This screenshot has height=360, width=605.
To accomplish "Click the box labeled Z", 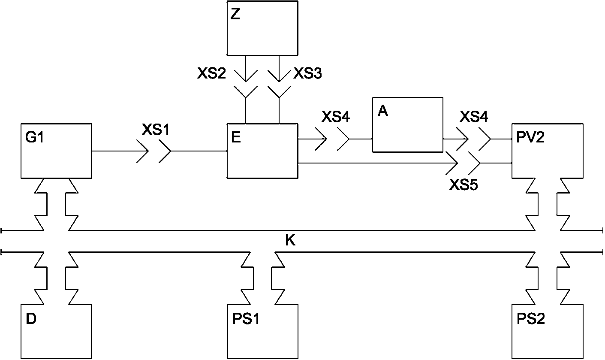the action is pyautogui.click(x=262, y=28).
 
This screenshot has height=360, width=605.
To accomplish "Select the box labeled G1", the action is pyautogui.click(x=56, y=151).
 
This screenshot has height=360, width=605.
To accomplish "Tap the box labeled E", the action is pyautogui.click(x=262, y=151).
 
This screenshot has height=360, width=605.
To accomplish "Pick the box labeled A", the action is pyautogui.click(x=408, y=124).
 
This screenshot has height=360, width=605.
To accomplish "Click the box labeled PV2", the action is pyautogui.click(x=548, y=151).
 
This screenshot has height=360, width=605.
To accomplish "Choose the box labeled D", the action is pyautogui.click(x=56, y=332).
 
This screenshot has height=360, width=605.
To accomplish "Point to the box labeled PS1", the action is pyautogui.click(x=262, y=332).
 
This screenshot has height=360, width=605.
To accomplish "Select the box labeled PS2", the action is pyautogui.click(x=548, y=332).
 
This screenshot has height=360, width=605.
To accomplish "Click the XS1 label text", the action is pyautogui.click(x=156, y=130).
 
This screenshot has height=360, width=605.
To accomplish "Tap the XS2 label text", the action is pyautogui.click(x=211, y=73).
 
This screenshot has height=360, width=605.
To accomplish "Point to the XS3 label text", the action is pyautogui.click(x=307, y=73).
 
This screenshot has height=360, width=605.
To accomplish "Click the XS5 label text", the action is pyautogui.click(x=464, y=185).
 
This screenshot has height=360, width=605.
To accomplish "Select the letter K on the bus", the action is pyautogui.click(x=290, y=240).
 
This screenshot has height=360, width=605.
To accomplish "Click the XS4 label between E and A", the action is pyautogui.click(x=336, y=117).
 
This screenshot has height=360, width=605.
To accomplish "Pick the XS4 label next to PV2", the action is pyautogui.click(x=474, y=117).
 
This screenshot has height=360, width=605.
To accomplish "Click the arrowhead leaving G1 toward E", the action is pyautogui.click(x=143, y=151).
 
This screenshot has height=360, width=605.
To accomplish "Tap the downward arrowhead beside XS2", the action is pyautogui.click(x=246, y=76).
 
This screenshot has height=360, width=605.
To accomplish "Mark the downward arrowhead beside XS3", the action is pyautogui.click(x=279, y=76).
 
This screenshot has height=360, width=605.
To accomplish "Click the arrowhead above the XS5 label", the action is pyautogui.click(x=452, y=163).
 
